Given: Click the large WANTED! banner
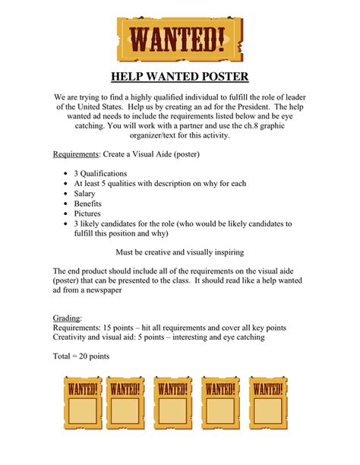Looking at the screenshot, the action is tap(180, 38).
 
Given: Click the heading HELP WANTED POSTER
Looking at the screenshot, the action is tap(180, 77).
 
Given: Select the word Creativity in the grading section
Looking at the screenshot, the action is tap(72, 337).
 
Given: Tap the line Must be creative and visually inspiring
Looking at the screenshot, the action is tap(180, 251).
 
